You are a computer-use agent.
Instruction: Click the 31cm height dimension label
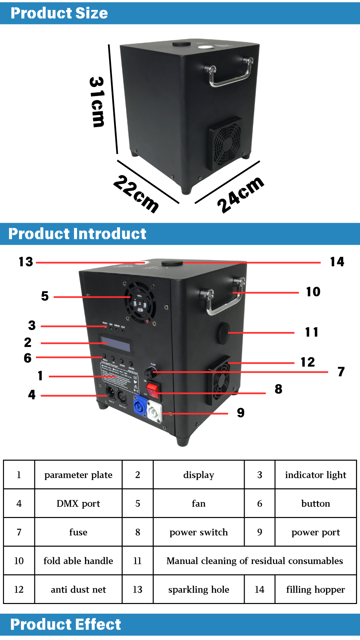tap(97, 102)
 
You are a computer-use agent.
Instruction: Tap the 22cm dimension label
tap(136, 193)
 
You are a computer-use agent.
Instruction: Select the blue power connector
tap(140, 407)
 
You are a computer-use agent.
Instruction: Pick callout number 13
tap(26, 262)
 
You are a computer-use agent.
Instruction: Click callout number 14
tap(337, 262)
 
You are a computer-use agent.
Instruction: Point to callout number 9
tap(241, 413)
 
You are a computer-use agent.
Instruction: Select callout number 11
tap(312, 332)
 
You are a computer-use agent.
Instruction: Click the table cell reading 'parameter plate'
tap(78, 475)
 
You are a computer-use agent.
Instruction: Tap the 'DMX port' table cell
tap(78, 503)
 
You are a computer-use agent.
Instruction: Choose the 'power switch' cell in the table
tap(199, 532)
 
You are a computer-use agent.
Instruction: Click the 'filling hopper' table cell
tap(315, 589)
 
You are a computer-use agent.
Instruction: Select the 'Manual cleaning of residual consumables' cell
tap(255, 561)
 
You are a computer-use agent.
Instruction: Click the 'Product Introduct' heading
tap(77, 234)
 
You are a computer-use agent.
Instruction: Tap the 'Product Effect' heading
tap(66, 624)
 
